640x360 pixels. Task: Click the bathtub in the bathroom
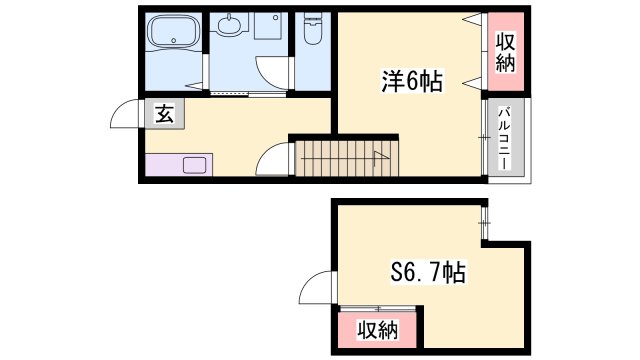(174, 31)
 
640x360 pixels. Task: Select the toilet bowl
(313, 34)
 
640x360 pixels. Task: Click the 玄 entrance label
(164, 114)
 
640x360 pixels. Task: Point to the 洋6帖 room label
(411, 82)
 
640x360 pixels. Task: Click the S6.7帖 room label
(428, 272)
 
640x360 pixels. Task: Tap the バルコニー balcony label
(505, 138)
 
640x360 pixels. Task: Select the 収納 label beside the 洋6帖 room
(505, 52)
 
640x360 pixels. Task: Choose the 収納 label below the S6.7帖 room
(378, 330)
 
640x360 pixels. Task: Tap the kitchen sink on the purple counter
(195, 165)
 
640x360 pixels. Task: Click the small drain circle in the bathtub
(174, 41)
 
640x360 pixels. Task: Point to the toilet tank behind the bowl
(313, 17)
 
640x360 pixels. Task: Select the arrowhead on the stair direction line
(380, 155)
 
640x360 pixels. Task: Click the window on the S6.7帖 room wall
(484, 223)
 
